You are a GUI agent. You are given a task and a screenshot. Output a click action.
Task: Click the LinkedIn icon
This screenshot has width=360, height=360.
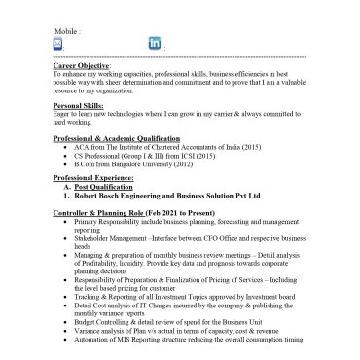coord(154,44)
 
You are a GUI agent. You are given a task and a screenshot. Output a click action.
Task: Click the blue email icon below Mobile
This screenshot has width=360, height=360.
coord(57,44)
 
